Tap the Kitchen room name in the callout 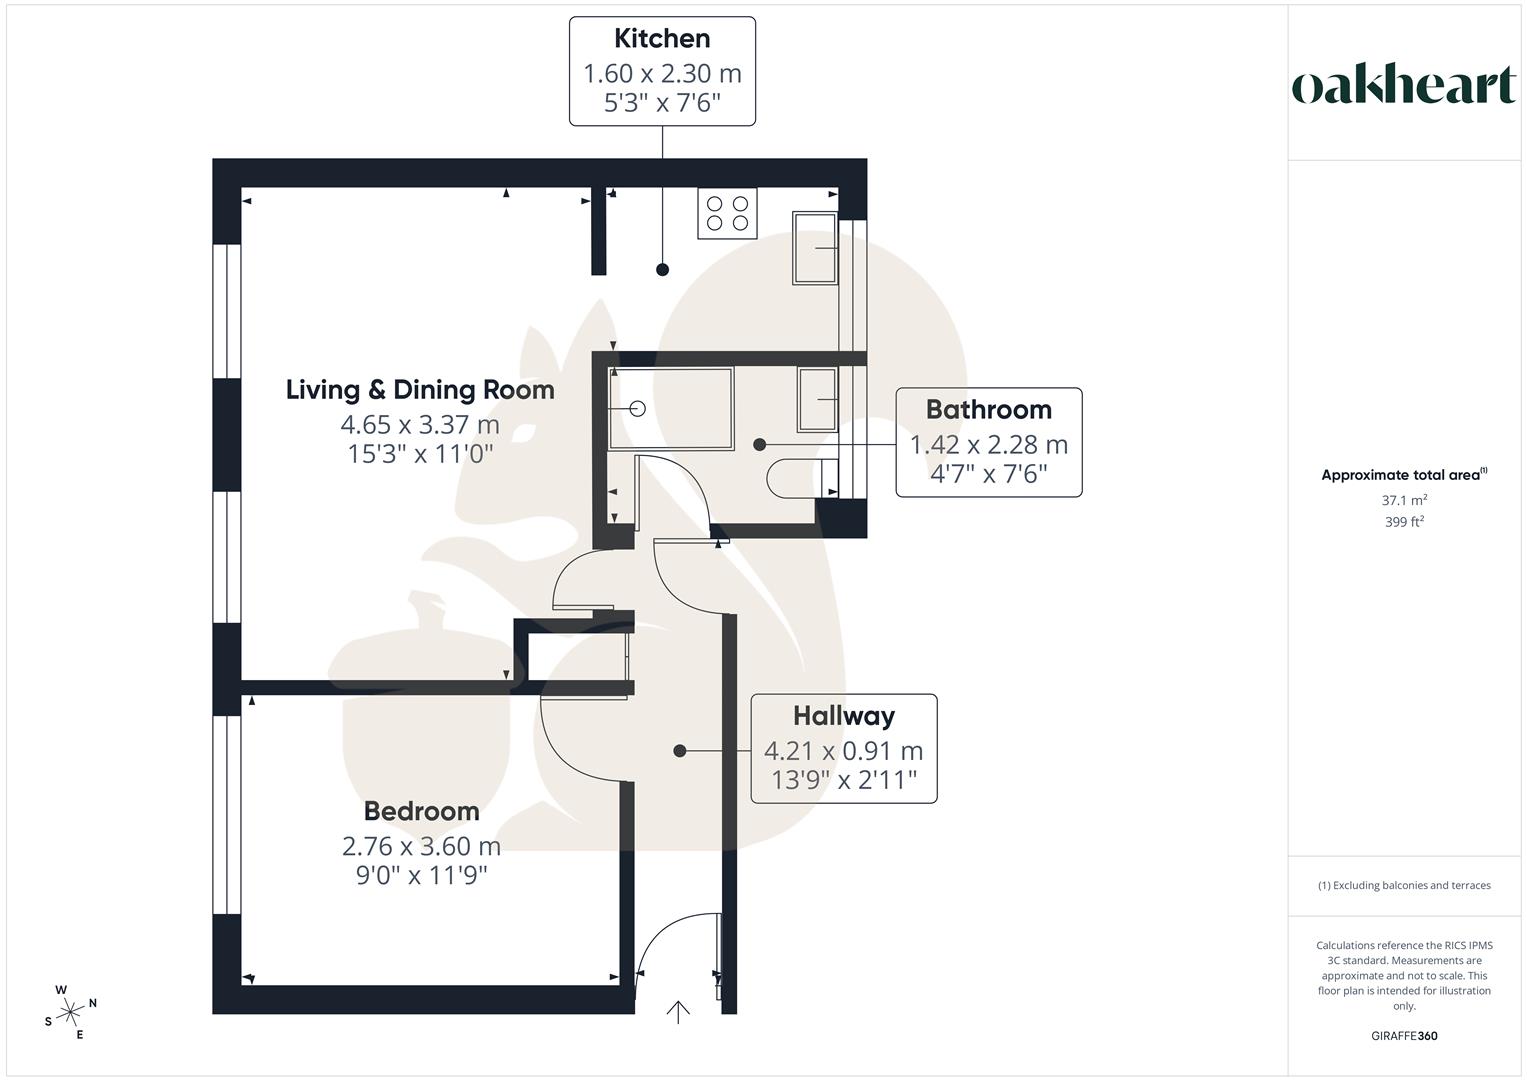pyautogui.click(x=662, y=39)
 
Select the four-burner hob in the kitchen pyautogui.click(x=727, y=213)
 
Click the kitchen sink pyautogui.click(x=814, y=248)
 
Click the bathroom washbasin pyautogui.click(x=817, y=399)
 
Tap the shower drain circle pyautogui.click(x=638, y=409)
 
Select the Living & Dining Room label pyautogui.click(x=420, y=390)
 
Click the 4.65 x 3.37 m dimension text pyautogui.click(x=420, y=425)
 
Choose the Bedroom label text pyautogui.click(x=421, y=811)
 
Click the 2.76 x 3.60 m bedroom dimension pyautogui.click(x=421, y=846)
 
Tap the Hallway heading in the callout pyautogui.click(x=843, y=716)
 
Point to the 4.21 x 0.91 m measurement pyautogui.click(x=843, y=751)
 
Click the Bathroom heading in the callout pyautogui.click(x=988, y=410)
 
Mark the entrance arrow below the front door pyautogui.click(x=678, y=1012)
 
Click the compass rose pyautogui.click(x=70, y=1012)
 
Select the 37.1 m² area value pyautogui.click(x=1404, y=500)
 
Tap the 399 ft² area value pyautogui.click(x=1404, y=522)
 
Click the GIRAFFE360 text pyautogui.click(x=1404, y=1036)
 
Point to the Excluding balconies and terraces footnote pyautogui.click(x=1404, y=885)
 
